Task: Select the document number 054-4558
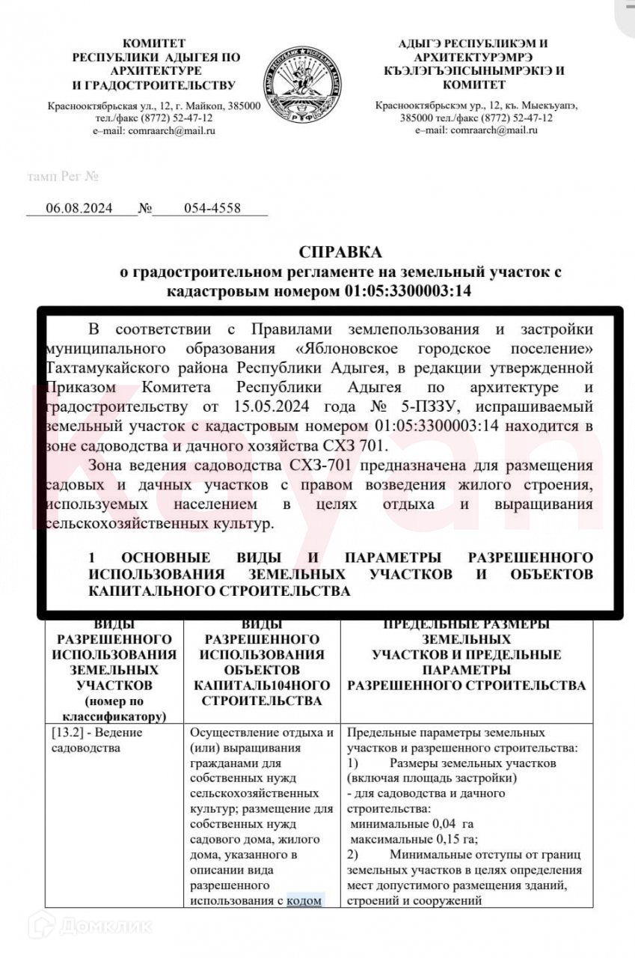tap(212, 208)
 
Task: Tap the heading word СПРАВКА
tap(340, 251)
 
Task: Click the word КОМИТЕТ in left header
tap(154, 43)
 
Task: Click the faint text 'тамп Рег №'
tap(63, 177)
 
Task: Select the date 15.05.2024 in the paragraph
tap(266, 407)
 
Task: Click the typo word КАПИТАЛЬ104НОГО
tap(262, 685)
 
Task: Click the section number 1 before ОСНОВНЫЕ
tap(92, 558)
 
